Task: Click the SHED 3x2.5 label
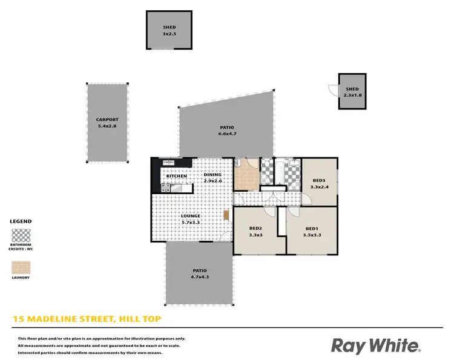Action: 169,27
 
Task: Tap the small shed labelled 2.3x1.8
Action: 352,91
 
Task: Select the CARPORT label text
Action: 107,120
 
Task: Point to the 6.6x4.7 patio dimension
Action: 227,133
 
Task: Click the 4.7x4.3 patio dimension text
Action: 200,276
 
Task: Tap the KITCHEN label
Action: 176,176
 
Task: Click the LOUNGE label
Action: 191,216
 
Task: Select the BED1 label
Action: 311,228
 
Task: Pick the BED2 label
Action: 255,228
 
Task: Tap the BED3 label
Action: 319,181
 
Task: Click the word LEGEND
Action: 21,221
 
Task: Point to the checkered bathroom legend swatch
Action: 21,235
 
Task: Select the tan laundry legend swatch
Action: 21,267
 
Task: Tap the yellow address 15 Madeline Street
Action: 87,318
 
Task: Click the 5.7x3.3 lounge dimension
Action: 191,222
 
